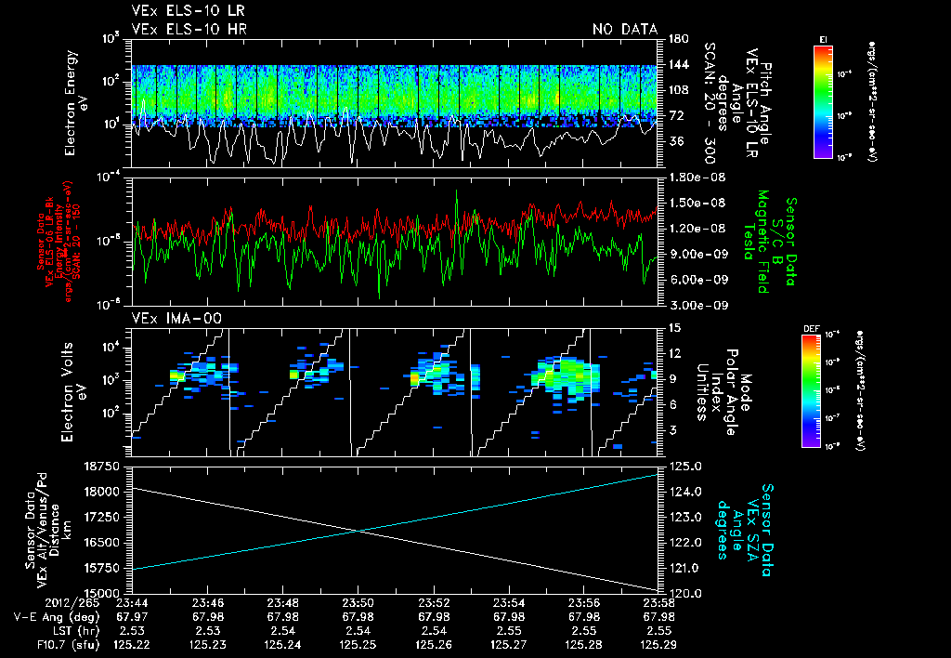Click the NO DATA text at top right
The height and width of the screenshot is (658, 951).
coord(625,30)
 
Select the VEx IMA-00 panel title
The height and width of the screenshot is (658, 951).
coord(168,318)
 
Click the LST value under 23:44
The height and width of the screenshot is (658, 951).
coord(134,630)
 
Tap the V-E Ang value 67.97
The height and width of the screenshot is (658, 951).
coord(134,617)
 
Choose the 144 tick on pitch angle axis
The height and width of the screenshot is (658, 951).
coord(677,64)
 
